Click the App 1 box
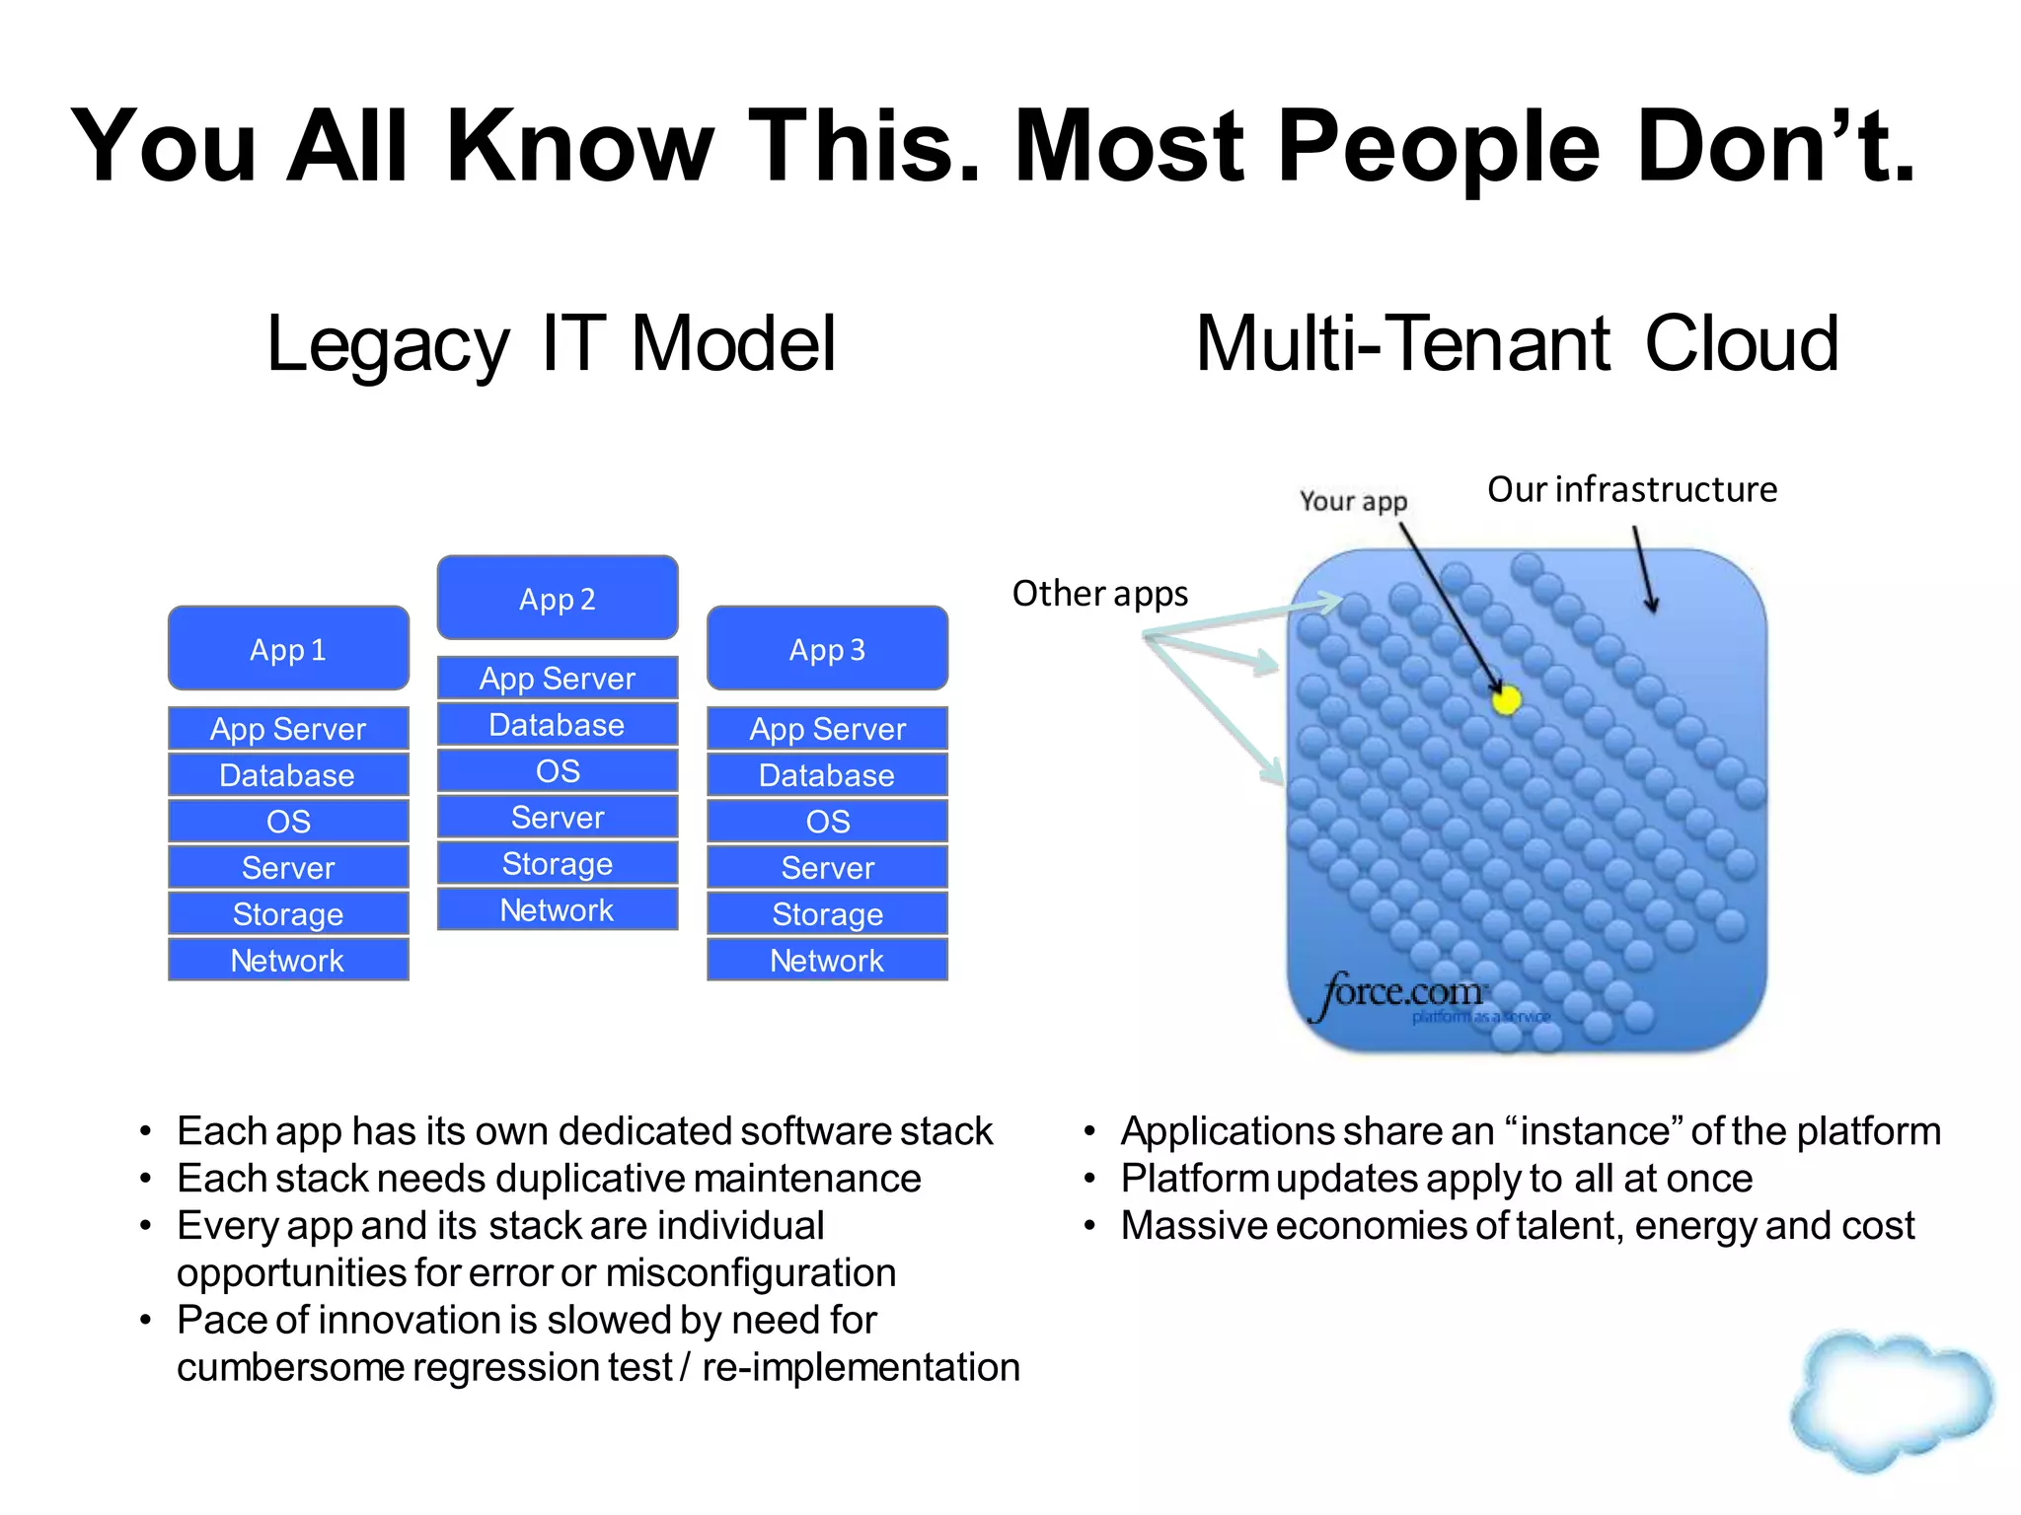point(288,649)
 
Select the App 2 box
point(558,599)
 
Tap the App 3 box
point(827,649)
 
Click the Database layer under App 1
point(288,775)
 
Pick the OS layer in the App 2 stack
point(558,771)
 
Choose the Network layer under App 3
point(827,960)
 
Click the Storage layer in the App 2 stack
point(558,864)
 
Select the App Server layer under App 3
point(827,729)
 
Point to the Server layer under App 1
point(288,868)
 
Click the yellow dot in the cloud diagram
point(1506,700)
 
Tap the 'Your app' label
point(1353,501)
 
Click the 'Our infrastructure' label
point(1632,489)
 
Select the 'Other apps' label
point(1100,594)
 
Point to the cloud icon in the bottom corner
point(1891,1401)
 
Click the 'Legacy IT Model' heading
point(552,344)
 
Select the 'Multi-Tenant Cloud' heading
point(1518,344)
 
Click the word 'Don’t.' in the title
point(1775,146)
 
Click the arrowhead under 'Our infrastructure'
point(1651,604)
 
